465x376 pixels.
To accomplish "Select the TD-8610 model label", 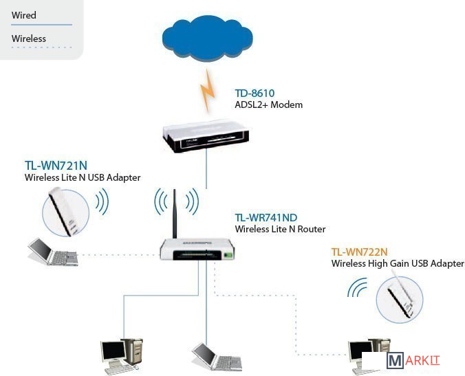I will coord(255,93).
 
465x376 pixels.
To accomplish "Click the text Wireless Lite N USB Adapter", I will coord(83,177).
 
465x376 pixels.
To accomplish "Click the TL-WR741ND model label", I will coord(266,218).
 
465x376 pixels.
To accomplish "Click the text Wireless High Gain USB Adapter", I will coord(398,263).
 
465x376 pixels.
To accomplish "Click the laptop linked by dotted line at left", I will coord(52,252).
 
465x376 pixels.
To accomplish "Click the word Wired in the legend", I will coord(24,15).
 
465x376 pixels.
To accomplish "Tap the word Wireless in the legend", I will coord(29,38).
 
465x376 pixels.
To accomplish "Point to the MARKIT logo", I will coord(413,361).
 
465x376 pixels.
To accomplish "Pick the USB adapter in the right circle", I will coord(398,298).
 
